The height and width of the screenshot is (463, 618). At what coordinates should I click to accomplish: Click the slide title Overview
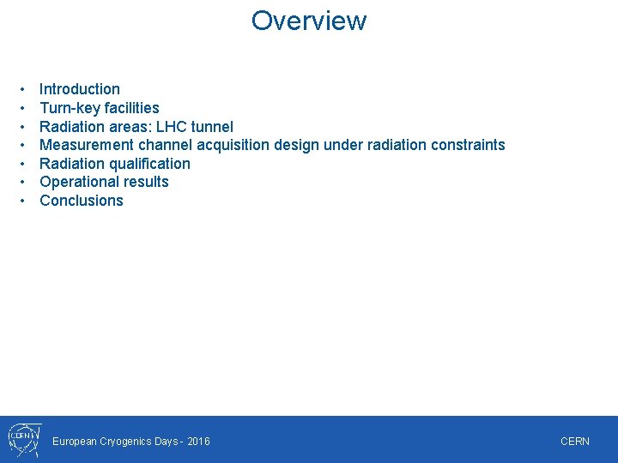[309, 21]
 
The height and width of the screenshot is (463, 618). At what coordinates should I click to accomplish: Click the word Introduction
[80, 89]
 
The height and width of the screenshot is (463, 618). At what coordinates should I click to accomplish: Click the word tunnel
[213, 127]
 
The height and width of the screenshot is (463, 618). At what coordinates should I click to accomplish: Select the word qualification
[149, 164]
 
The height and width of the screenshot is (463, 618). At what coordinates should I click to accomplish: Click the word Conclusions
[82, 201]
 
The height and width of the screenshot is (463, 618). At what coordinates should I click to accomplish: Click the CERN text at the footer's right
[575, 442]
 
